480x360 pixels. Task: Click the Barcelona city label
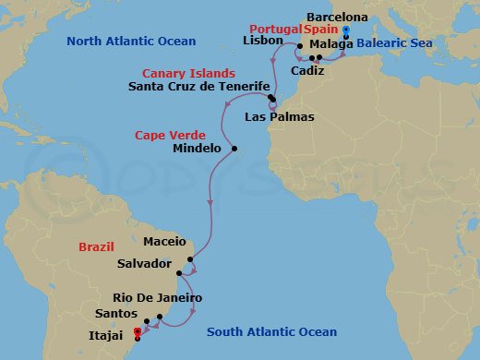pyautogui.click(x=337, y=18)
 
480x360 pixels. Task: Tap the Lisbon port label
pyautogui.click(x=261, y=41)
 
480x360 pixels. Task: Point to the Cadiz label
pyautogui.click(x=307, y=70)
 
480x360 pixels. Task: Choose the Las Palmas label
pyautogui.click(x=280, y=117)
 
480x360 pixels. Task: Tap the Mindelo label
pyautogui.click(x=198, y=148)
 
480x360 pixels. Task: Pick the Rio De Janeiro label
pyautogui.click(x=157, y=298)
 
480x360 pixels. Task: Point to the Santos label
pyautogui.click(x=130, y=315)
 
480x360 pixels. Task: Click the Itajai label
pyautogui.click(x=107, y=335)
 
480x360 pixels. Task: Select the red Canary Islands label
pyautogui.click(x=188, y=73)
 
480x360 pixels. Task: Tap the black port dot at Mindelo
pyautogui.click(x=235, y=149)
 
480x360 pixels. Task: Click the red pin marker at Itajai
pyautogui.click(x=137, y=331)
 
